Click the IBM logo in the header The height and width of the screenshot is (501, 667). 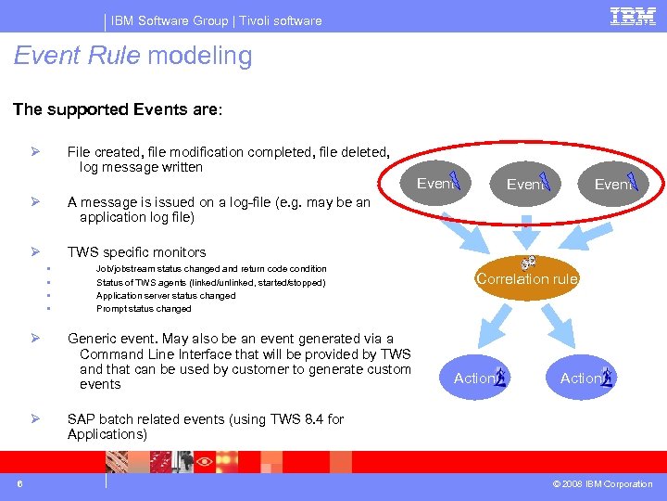(x=634, y=16)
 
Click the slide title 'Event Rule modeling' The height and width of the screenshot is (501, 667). (x=132, y=57)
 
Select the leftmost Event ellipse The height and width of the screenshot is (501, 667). (x=439, y=184)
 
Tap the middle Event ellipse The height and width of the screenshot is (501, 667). (x=528, y=185)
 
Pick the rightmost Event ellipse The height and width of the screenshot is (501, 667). (x=615, y=185)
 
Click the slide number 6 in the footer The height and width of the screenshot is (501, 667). (x=19, y=483)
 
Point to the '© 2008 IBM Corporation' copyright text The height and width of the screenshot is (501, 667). (x=601, y=484)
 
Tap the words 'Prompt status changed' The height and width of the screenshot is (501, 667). (x=144, y=309)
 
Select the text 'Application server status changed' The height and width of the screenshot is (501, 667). (x=166, y=296)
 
